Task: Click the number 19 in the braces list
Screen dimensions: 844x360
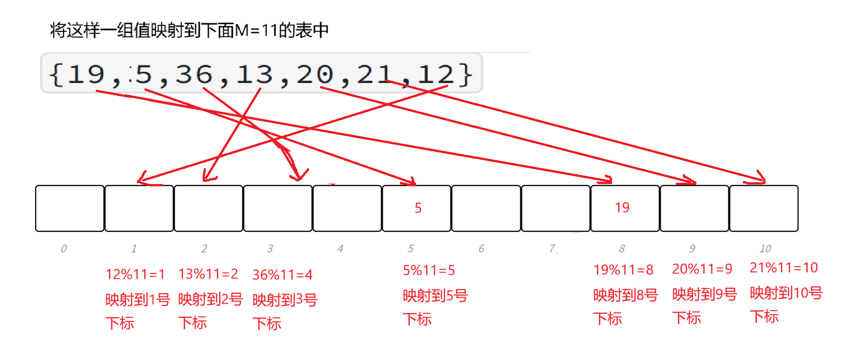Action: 86,74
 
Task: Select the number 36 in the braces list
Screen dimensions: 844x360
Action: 194,74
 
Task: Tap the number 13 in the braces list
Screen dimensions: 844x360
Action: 255,74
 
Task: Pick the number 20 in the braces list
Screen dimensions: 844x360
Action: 315,74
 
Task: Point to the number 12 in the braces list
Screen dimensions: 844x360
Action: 436,74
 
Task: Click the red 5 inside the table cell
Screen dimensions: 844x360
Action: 418,208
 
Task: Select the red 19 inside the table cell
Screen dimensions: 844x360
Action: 622,208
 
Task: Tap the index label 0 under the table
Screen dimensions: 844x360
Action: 64,249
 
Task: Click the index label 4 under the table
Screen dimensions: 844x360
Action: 340,249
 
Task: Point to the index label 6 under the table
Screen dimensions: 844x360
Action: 482,249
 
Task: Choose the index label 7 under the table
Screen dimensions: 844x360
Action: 552,249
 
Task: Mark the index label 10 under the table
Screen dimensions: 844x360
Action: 765,249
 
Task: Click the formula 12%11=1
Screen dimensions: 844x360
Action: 135,274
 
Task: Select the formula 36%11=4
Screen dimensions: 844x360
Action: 282,275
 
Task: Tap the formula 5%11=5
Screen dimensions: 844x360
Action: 429,270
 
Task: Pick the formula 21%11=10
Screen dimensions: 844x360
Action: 784,268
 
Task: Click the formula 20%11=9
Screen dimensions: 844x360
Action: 702,269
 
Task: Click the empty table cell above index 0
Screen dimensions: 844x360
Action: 70,208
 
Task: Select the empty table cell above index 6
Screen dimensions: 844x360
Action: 486,208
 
